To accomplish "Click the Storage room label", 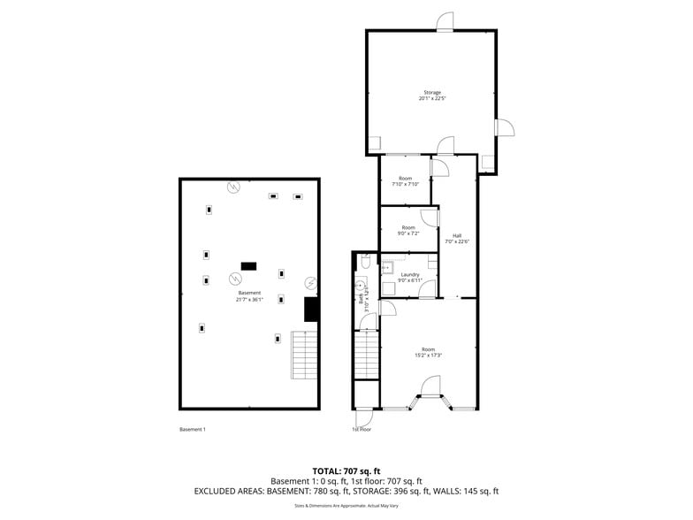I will [431, 92].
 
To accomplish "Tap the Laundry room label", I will [410, 274].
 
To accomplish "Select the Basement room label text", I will [249, 293].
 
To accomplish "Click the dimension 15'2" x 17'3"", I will [429, 356].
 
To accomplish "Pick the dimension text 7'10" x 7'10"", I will [405, 184].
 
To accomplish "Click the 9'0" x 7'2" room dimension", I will [408, 233].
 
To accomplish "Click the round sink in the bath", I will [361, 286].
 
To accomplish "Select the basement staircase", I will [303, 355].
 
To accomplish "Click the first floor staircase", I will [366, 355].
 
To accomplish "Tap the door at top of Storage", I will [445, 21].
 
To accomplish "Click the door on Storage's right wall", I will [504, 127].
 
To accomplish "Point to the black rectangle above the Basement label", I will [248, 265].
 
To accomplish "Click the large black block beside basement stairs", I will [310, 309].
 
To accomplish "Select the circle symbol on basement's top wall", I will [232, 187].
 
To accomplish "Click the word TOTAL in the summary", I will [324, 470].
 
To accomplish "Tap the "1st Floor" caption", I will [361, 430].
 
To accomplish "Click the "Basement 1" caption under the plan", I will [192, 430].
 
